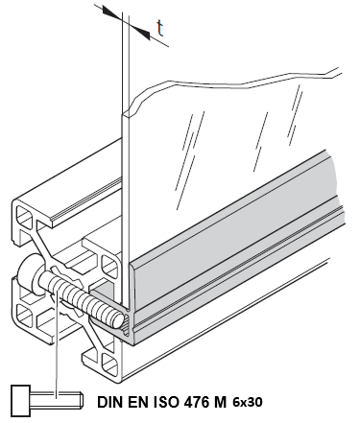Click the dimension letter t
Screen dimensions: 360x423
[160, 29]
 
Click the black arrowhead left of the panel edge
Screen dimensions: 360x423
[112, 12]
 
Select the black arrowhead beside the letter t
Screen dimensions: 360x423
[140, 32]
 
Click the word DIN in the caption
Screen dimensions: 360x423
[110, 402]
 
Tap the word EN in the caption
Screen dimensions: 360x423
[138, 402]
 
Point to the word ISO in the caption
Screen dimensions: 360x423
[167, 402]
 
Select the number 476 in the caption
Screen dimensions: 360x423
[196, 402]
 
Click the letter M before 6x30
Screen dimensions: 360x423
[220, 402]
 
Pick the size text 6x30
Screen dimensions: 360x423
[248, 402]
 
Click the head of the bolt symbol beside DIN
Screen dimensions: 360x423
[20, 401]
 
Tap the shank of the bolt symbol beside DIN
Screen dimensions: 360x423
[57, 401]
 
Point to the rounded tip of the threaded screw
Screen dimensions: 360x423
[118, 320]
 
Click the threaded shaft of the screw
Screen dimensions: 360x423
[80, 295]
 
